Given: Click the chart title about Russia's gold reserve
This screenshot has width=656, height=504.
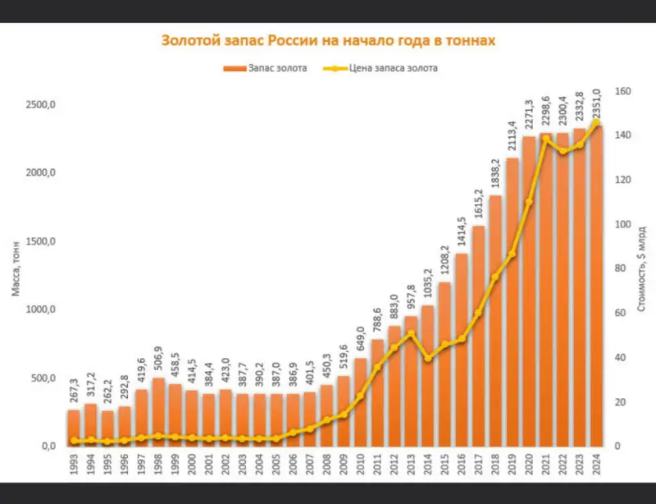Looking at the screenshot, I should [x=328, y=40].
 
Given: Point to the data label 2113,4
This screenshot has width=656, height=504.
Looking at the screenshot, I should [x=512, y=137].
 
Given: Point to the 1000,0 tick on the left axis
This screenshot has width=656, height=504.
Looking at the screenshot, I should [x=42, y=309].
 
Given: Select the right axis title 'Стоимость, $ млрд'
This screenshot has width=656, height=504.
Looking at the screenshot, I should [x=642, y=271].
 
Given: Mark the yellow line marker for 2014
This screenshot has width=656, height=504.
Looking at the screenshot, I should [x=427, y=358].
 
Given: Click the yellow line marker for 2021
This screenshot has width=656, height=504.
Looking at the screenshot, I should [x=546, y=139].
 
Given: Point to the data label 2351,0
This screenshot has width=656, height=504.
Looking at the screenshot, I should [x=597, y=104].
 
